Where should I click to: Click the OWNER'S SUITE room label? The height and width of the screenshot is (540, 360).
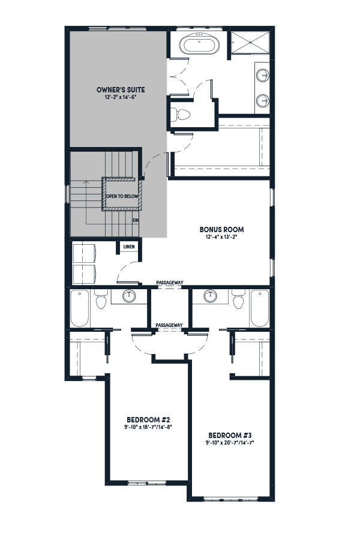[121, 90]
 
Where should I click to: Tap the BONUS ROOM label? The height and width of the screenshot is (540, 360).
[222, 229]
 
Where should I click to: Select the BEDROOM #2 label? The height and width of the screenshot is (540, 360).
[148, 420]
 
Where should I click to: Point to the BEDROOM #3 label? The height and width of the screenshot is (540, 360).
[230, 435]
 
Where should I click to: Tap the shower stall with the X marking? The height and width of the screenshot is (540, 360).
[250, 43]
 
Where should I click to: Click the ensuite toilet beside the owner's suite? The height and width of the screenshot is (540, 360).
[180, 115]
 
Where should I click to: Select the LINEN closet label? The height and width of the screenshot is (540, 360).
[129, 247]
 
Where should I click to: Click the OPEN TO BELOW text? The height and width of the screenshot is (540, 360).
[122, 196]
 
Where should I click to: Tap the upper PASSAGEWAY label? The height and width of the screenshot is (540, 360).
[169, 283]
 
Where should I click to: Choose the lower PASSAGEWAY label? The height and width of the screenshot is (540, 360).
[169, 325]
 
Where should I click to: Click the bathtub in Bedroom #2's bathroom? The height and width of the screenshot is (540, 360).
[80, 308]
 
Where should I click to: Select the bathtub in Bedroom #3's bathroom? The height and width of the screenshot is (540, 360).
[259, 308]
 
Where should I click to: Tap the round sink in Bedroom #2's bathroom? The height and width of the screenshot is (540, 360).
[129, 296]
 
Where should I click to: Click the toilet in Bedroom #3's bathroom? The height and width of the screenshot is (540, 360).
[238, 299]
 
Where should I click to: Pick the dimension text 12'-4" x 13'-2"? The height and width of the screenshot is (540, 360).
[222, 237]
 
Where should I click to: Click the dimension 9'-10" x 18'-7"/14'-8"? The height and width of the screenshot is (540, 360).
[148, 427]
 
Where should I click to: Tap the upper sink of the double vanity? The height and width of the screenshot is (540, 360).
[263, 75]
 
